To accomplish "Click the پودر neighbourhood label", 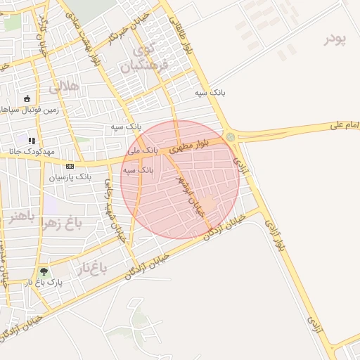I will [x=336, y=39].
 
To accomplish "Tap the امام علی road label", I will [x=345, y=125].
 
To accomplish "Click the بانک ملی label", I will [x=143, y=151].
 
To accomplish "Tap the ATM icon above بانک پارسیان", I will [x=70, y=166].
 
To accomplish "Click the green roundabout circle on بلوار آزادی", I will [x=231, y=136].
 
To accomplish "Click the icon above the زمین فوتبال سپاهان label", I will [x=27, y=98].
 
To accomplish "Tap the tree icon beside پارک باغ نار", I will [x=44, y=271].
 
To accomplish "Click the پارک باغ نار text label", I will [x=46, y=283].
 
